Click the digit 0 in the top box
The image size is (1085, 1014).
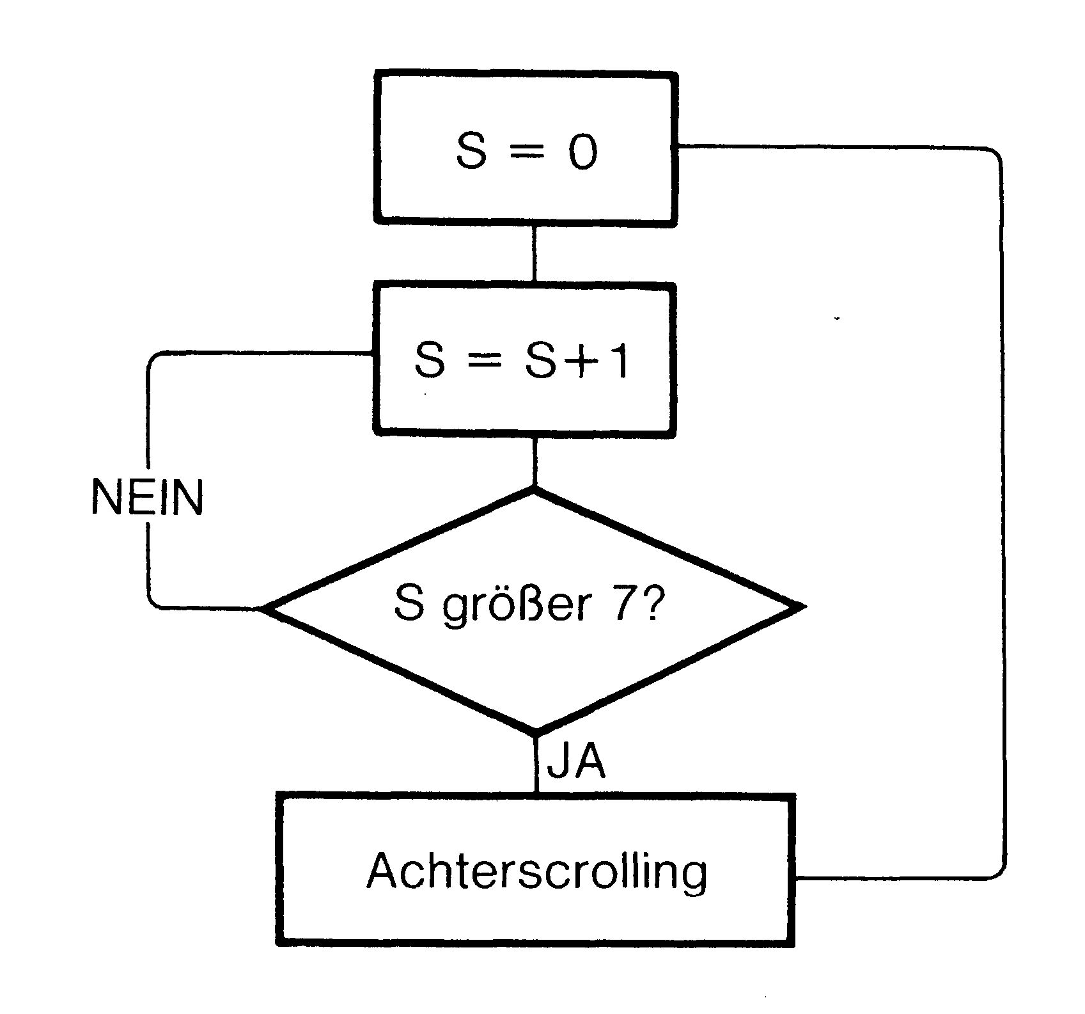[x=583, y=152]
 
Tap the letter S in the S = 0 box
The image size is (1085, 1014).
[x=471, y=152]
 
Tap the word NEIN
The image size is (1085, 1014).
[x=148, y=496]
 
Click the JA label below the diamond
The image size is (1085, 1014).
[x=576, y=761]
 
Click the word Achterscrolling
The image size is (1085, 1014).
[x=537, y=872]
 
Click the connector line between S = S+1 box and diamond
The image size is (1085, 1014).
[x=535, y=462]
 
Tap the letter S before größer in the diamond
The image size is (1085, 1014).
[x=410, y=603]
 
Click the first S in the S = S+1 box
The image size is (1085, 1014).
[x=429, y=360]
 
